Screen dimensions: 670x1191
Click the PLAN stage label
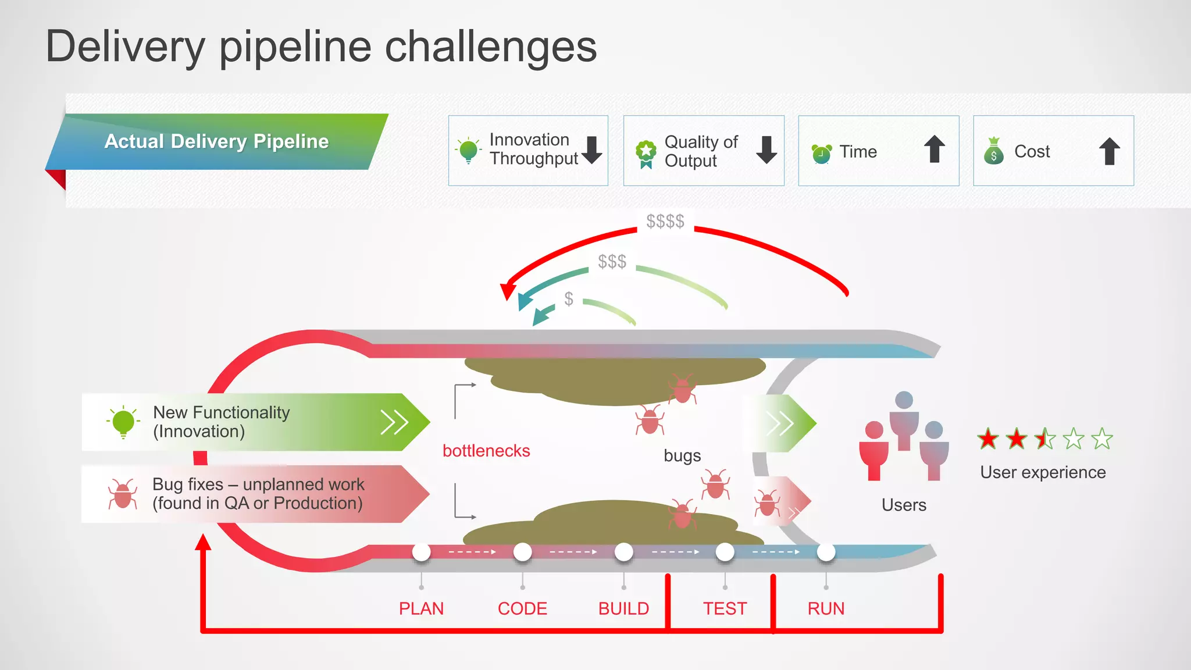click(x=421, y=608)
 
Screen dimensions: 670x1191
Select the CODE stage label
click(x=522, y=608)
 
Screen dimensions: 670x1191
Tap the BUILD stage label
click(x=623, y=608)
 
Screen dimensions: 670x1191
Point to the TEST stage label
click(x=725, y=608)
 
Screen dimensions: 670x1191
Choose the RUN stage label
click(x=826, y=608)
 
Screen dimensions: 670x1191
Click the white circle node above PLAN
click(x=421, y=552)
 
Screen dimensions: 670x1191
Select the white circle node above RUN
click(x=826, y=552)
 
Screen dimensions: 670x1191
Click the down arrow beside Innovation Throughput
click(x=592, y=150)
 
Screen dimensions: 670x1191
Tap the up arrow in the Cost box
click(x=1110, y=151)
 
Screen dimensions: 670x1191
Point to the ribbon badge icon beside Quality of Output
click(x=646, y=154)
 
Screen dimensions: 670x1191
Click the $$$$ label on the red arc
click(x=665, y=222)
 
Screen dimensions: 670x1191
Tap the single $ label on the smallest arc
click(x=569, y=299)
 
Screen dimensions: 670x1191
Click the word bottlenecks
click(x=486, y=451)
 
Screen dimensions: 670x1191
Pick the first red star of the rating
click(x=988, y=439)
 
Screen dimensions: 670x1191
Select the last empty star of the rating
click(x=1101, y=439)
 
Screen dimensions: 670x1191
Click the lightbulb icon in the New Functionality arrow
click(x=123, y=421)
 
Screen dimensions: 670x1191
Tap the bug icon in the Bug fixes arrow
click(x=123, y=494)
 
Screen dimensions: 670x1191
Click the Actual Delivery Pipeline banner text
click(x=216, y=141)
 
